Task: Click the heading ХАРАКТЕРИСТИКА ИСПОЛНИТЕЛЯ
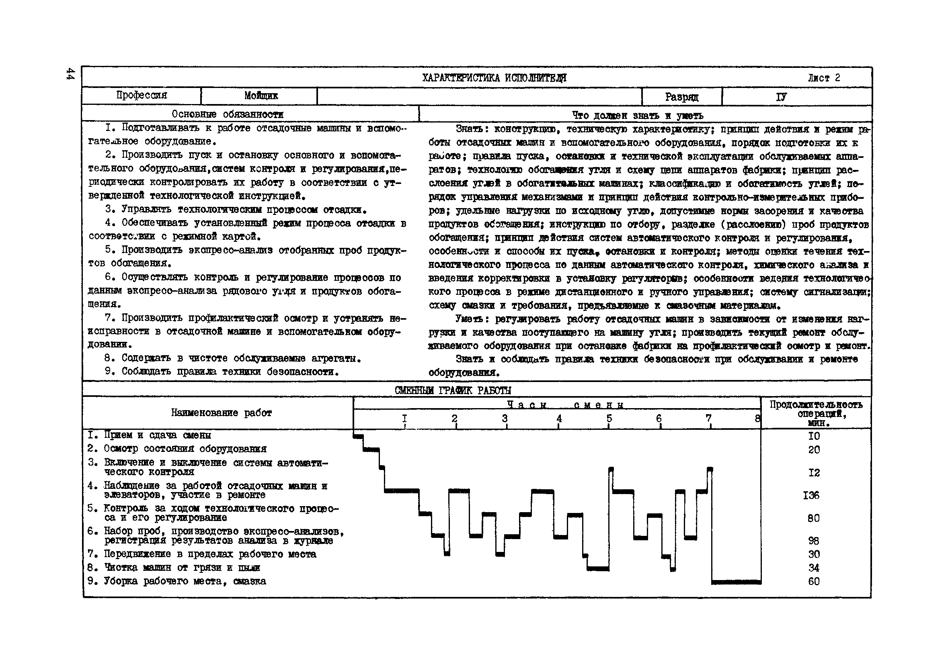494,78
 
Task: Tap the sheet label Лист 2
824,78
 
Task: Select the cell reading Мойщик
261,96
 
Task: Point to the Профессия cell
142,96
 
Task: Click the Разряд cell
681,97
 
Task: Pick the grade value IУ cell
781,97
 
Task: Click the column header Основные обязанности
228,114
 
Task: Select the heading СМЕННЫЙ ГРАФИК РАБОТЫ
453,390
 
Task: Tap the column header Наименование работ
222,413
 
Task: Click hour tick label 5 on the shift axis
609,419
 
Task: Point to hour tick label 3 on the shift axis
505,419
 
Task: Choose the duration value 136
810,495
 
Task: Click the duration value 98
813,540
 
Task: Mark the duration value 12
813,472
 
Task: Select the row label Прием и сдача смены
157,435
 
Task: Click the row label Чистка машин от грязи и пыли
182,567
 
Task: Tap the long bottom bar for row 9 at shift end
736,582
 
